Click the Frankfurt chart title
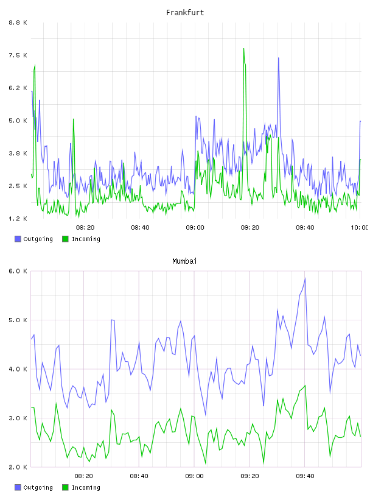coord(185,13)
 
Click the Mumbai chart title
coord(184,261)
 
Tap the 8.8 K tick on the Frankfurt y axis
coord(18,23)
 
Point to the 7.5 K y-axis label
coord(18,55)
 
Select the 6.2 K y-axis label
coord(18,88)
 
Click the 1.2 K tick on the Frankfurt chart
coord(18,219)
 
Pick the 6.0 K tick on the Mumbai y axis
coord(18,271)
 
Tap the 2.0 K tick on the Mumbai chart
coord(18,467)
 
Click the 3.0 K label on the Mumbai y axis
coord(18,418)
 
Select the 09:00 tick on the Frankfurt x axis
coord(195,228)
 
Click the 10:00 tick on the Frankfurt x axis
coord(359,228)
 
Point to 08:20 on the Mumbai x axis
coord(83,476)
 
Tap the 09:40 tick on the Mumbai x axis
coord(305,476)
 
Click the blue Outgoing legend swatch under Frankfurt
coord(18,239)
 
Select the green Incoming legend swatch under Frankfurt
coord(65,239)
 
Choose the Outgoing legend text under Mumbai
coord(38,487)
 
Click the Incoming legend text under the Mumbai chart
coord(86,487)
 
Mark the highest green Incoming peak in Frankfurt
coord(243,49)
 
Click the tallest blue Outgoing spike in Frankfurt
coord(279,58)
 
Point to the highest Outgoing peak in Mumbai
coord(305,278)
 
